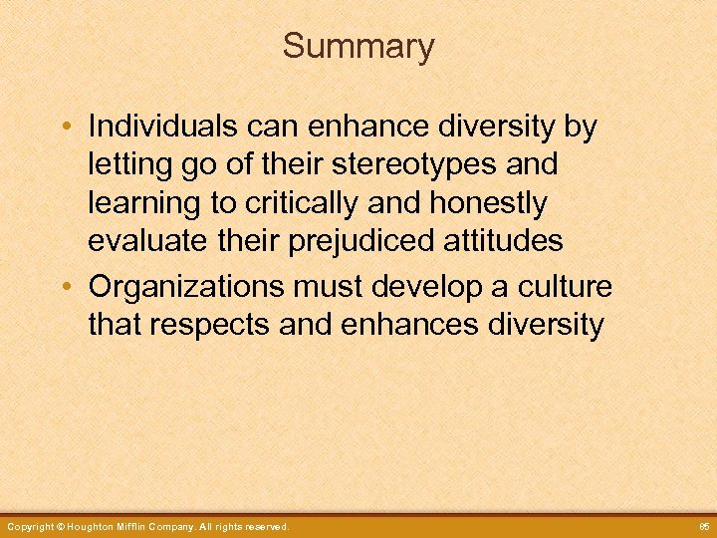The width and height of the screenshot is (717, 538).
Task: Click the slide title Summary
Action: [x=358, y=47]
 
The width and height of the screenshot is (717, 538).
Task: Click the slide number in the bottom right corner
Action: [x=702, y=526]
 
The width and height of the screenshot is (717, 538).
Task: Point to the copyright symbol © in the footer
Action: [x=61, y=526]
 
